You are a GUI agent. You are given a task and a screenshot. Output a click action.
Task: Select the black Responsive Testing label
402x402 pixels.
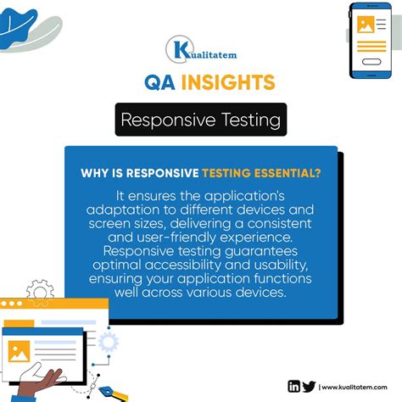[x=201, y=120]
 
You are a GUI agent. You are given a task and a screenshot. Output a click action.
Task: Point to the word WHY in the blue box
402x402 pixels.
[x=96, y=175]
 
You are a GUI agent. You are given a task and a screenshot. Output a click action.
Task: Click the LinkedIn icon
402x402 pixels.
[x=293, y=387]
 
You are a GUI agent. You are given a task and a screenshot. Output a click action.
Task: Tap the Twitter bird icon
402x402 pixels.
[x=308, y=387]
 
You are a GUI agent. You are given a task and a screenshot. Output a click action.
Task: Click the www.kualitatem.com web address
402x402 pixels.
[x=356, y=388]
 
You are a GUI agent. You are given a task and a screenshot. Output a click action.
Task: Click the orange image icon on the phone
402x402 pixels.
[x=366, y=25]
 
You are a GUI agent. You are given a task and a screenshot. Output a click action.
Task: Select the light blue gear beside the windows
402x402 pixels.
[x=107, y=342]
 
